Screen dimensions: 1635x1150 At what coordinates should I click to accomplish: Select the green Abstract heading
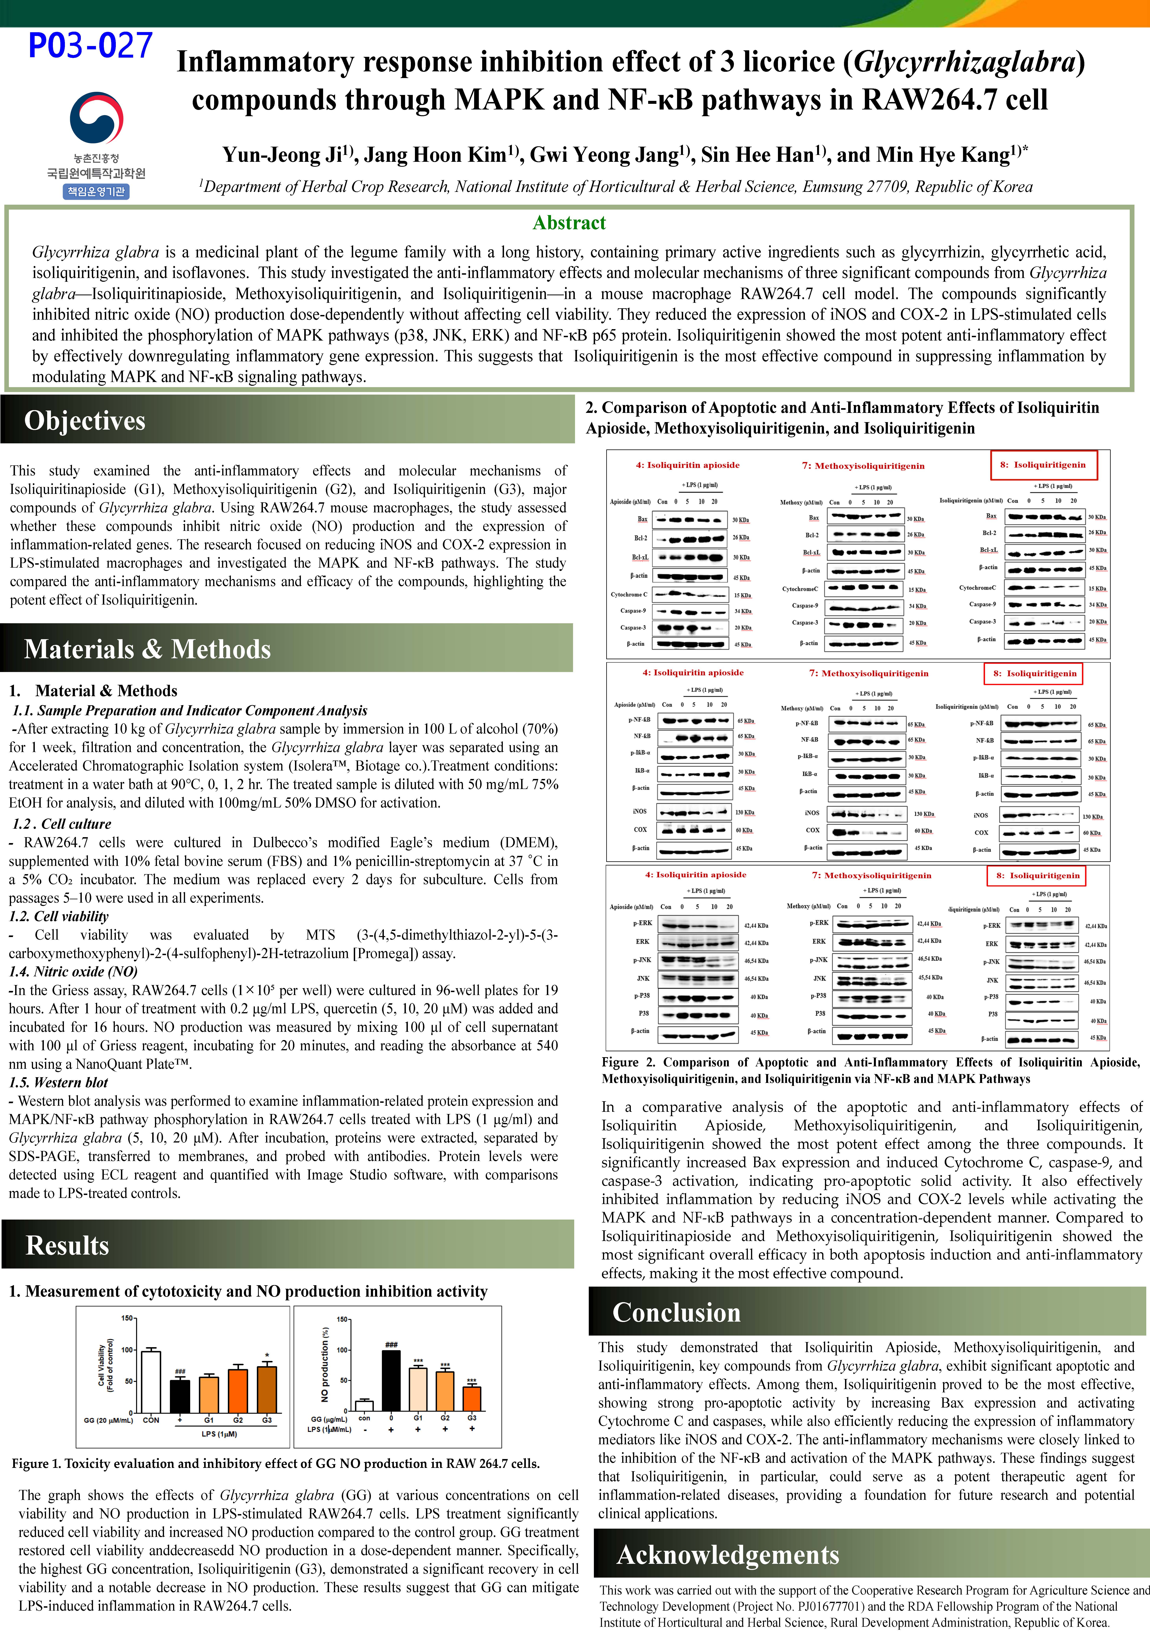[569, 223]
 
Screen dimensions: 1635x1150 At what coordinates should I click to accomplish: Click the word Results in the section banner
[68, 1245]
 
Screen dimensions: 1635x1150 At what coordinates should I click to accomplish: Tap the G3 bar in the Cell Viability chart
[266, 1389]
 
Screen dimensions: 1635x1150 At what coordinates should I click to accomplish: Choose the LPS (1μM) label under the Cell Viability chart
[219, 1433]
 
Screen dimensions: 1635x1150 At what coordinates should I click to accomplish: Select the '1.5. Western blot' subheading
[58, 1082]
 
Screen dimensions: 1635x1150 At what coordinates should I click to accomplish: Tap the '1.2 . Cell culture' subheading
[62, 824]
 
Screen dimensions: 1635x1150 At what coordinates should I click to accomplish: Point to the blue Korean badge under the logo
[96, 191]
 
